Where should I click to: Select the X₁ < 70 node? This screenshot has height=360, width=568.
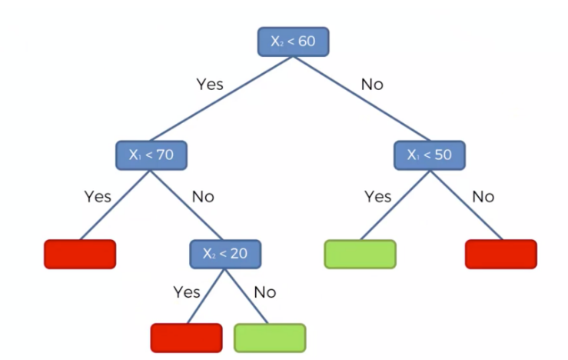[x=151, y=155]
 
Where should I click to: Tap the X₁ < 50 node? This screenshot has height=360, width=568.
[x=430, y=155]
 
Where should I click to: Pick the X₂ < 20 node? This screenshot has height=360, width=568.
[x=225, y=253]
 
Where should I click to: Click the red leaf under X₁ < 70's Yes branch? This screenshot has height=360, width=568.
[x=80, y=254]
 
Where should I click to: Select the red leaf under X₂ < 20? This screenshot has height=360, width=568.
[x=186, y=337]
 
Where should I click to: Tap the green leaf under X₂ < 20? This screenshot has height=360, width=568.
[x=269, y=337]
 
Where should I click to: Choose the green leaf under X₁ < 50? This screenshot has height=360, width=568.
[x=360, y=254]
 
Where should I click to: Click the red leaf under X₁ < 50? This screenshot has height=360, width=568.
[x=500, y=254]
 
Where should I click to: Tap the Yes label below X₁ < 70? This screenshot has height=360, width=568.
[x=98, y=196]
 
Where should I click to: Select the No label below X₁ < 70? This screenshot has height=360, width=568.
[x=203, y=196]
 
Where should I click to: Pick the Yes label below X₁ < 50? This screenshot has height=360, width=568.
[x=377, y=196]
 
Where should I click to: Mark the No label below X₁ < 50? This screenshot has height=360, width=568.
[x=483, y=196]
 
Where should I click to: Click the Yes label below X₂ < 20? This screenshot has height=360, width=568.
[x=187, y=292]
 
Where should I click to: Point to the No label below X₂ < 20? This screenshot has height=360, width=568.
[x=264, y=292]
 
